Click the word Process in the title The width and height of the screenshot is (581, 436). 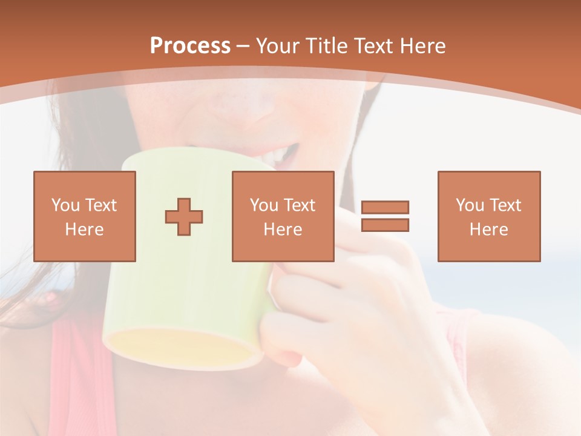[x=190, y=46]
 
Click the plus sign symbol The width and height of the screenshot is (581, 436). [x=184, y=216]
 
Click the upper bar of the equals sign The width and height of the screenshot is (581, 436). [x=385, y=207]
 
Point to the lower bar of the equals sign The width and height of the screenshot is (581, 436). [x=385, y=225]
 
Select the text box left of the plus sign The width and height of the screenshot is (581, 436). [x=84, y=216]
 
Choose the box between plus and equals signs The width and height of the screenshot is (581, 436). [x=283, y=216]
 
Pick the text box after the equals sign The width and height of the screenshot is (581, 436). [x=488, y=216]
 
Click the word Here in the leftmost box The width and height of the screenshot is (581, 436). [x=84, y=230]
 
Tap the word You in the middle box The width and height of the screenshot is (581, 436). [x=264, y=205]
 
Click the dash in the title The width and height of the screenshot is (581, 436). [x=243, y=46]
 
